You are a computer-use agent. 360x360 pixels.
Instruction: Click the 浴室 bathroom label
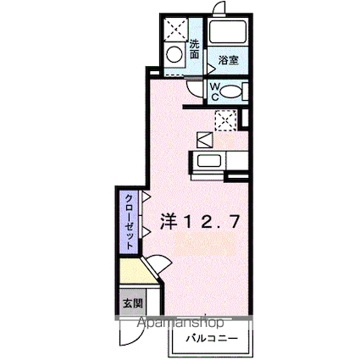[x=226, y=60]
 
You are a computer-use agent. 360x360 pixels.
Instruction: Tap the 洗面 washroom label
[x=194, y=49]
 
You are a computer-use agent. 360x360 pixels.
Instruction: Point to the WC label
[x=214, y=91]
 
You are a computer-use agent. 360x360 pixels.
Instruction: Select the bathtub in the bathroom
[x=228, y=34]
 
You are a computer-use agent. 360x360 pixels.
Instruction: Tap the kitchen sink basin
[x=208, y=162]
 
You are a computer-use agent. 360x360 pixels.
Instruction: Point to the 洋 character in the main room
[x=168, y=221]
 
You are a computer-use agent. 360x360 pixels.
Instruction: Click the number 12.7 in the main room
[x=213, y=221]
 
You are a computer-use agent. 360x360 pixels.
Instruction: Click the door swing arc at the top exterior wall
[x=221, y=10]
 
